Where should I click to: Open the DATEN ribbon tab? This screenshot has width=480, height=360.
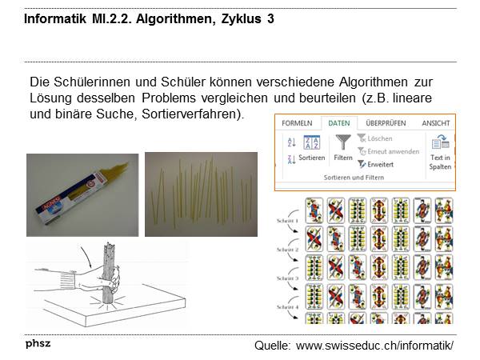[x=339, y=123]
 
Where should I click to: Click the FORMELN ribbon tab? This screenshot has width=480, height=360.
[x=297, y=123]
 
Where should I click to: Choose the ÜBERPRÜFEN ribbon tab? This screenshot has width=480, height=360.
[x=386, y=123]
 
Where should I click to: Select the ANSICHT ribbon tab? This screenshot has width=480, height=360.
[x=436, y=123]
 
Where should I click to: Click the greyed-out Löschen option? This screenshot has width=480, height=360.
[x=381, y=138]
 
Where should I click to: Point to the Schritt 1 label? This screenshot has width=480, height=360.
[x=286, y=219]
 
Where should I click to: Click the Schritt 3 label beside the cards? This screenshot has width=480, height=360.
[x=286, y=278]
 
